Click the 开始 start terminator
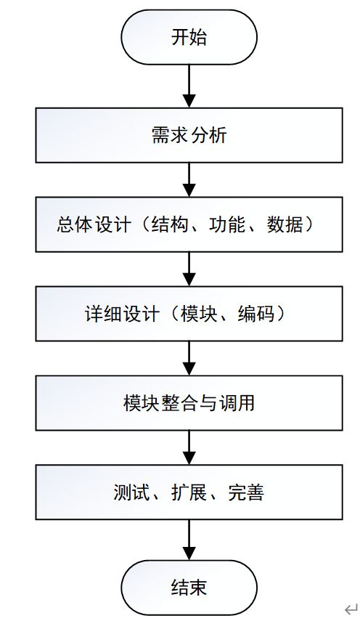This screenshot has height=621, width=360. (x=189, y=37)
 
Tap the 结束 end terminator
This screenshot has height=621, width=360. (x=189, y=588)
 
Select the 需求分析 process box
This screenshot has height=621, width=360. (x=189, y=135)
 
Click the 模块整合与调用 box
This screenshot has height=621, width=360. (x=189, y=403)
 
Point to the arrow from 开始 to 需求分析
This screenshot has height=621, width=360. (x=189, y=86)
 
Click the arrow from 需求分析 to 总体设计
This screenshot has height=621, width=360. (x=189, y=180)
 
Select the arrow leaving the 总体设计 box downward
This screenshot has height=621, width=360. (x=189, y=269)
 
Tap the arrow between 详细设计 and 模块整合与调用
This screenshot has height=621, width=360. (x=189, y=358)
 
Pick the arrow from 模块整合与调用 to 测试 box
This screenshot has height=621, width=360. (x=189, y=447)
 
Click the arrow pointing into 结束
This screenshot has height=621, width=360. (x=189, y=540)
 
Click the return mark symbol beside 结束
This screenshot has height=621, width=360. (x=351, y=609)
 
